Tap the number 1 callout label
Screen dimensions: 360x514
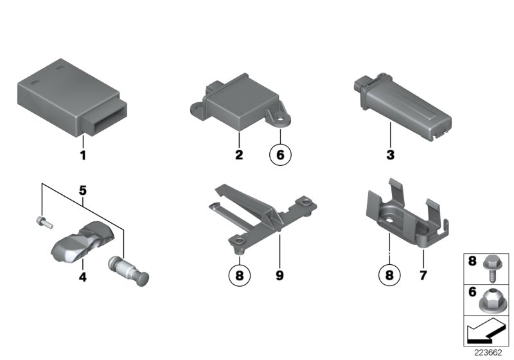click(82, 155)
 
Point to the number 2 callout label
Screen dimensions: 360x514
click(238, 155)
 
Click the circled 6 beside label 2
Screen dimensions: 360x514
click(280, 155)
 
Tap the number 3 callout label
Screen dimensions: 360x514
click(390, 155)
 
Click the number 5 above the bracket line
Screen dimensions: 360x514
click(82, 191)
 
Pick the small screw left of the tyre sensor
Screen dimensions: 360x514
click(42, 222)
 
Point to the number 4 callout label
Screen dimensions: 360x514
click(82, 277)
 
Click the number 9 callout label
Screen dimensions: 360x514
click(280, 277)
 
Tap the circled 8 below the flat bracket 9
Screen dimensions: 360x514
click(238, 277)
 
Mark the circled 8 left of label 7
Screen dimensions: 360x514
click(389, 277)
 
